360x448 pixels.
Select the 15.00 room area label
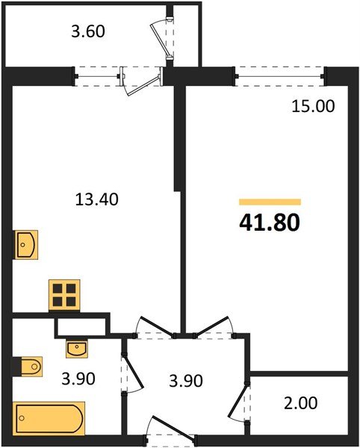coord(312,106)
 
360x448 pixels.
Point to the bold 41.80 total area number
coord(270,223)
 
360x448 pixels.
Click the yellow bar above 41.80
coord(270,202)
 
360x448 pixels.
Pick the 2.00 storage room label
coord(302,404)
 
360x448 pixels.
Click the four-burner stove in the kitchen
coord(63,294)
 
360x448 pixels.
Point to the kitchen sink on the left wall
coord(27,243)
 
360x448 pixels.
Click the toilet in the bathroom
coord(28,367)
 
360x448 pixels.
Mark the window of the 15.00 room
coord(281,72)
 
